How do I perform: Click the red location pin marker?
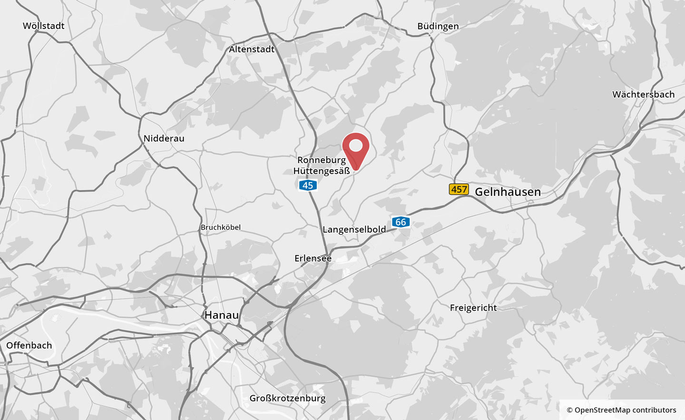coord(356,147)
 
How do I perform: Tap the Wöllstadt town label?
coord(43,26)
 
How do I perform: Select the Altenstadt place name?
coord(252,49)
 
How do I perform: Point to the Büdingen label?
coord(438,26)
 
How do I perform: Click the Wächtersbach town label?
coord(643,94)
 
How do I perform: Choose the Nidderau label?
coord(164,138)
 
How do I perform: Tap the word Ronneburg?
coord(322,160)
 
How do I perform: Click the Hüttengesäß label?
coord(322,171)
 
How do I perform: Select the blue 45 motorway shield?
coord(308,185)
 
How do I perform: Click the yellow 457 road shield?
coord(459,189)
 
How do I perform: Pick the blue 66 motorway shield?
coord(401,222)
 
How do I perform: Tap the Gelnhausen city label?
coord(508,192)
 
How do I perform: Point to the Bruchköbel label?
coord(221,227)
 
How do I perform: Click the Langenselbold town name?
coord(354,229)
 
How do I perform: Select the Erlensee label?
coord(313,258)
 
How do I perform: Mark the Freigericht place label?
coord(473,308)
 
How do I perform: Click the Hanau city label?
coord(221,315)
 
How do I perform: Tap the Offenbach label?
coord(29,345)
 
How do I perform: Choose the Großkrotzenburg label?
coord(287,398)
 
